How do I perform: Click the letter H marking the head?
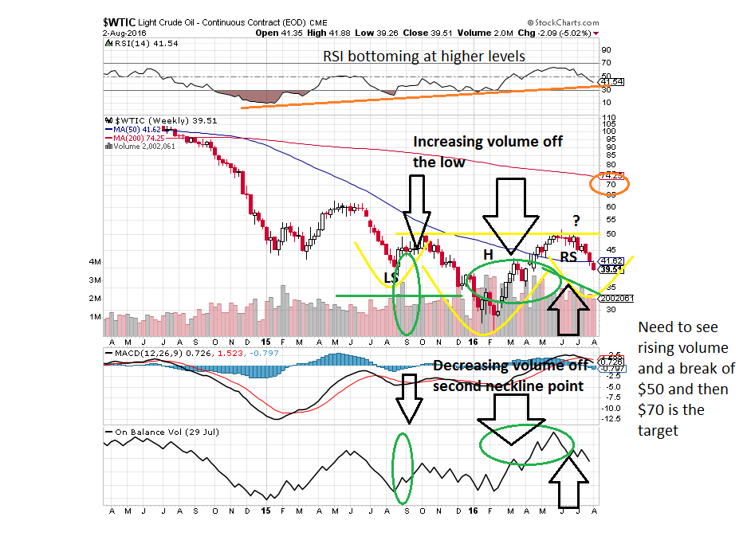[x=489, y=252]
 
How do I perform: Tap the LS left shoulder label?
[x=391, y=277]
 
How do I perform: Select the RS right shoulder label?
[x=568, y=256]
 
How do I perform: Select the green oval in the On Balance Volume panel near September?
[x=403, y=468]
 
